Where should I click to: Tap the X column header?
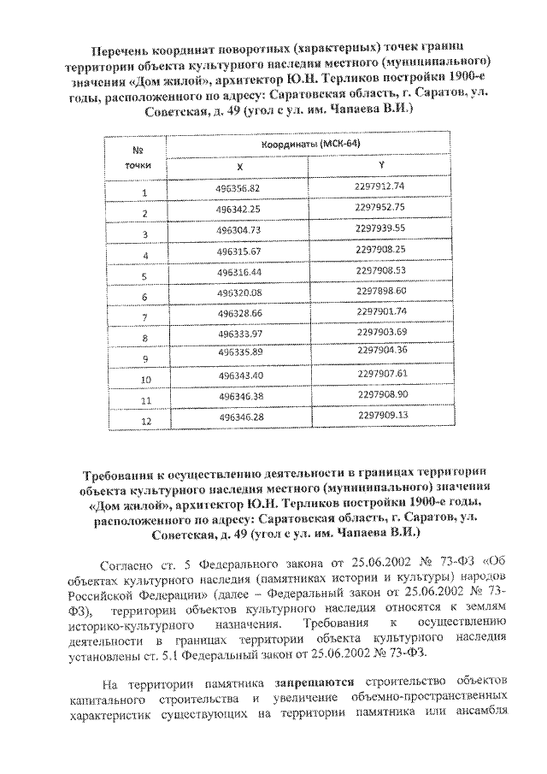[239, 167]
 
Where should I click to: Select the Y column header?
[380, 165]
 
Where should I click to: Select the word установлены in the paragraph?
[127, 654]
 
